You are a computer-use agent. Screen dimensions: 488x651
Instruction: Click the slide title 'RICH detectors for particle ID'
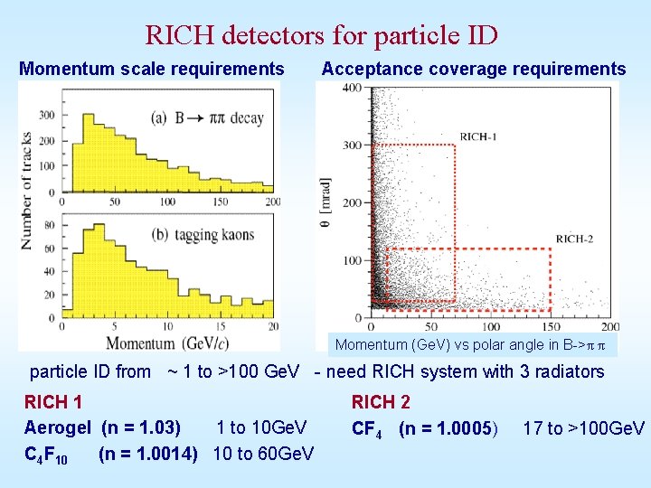(321, 35)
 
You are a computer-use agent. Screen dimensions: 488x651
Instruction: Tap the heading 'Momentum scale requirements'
(152, 69)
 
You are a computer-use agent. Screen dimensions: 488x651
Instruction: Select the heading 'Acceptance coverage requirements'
(473, 69)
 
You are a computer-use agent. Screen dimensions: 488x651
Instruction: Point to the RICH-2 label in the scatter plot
(575, 239)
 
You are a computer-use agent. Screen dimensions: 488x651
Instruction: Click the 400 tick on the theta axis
(351, 88)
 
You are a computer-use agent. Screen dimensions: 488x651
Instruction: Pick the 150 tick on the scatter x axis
(549, 325)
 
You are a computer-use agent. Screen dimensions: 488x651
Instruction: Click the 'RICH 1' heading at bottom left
(53, 402)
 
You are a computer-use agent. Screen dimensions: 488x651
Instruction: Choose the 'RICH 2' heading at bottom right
(381, 402)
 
